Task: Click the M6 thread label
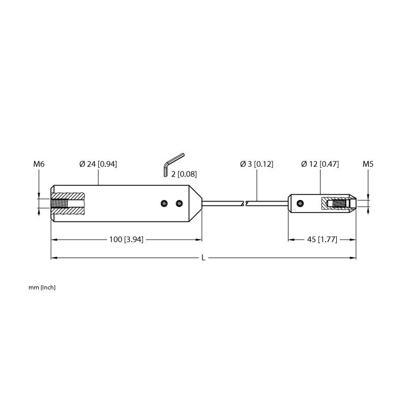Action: pyautogui.click(x=39, y=164)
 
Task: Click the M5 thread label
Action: pyautogui.click(x=368, y=164)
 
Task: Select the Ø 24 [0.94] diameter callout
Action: pyautogui.click(x=98, y=164)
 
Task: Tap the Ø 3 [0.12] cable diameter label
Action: pyautogui.click(x=257, y=164)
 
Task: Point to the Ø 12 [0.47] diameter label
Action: pyautogui.click(x=320, y=164)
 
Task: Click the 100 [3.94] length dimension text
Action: pyautogui.click(x=126, y=239)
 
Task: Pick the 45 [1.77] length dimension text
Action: pyautogui.click(x=322, y=239)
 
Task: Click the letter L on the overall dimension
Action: pyautogui.click(x=203, y=258)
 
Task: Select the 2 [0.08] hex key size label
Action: pyautogui.click(x=184, y=174)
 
